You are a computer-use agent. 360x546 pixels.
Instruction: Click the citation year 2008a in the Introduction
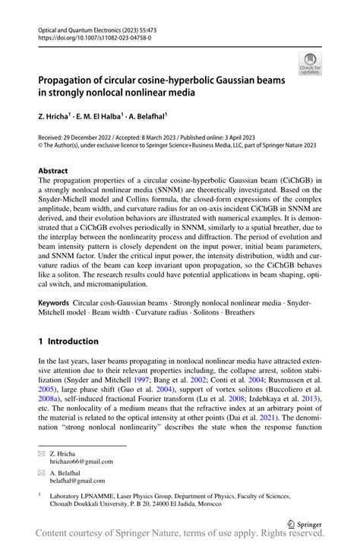coord(56,396)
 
